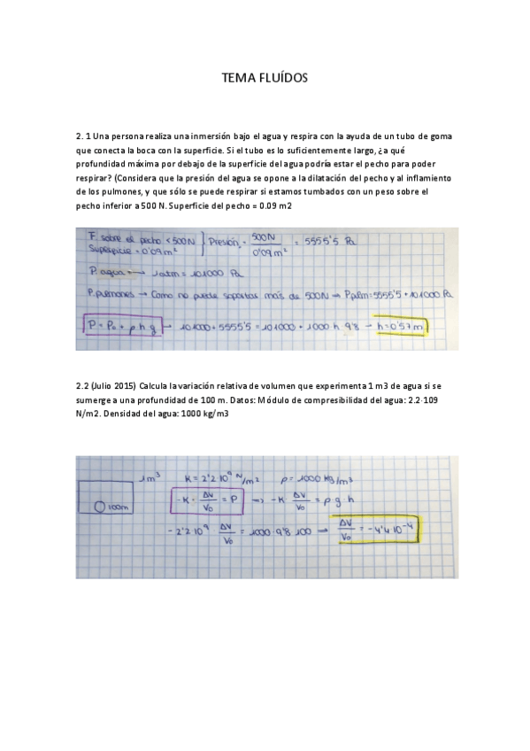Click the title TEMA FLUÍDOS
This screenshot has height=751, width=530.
pyautogui.click(x=265, y=80)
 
